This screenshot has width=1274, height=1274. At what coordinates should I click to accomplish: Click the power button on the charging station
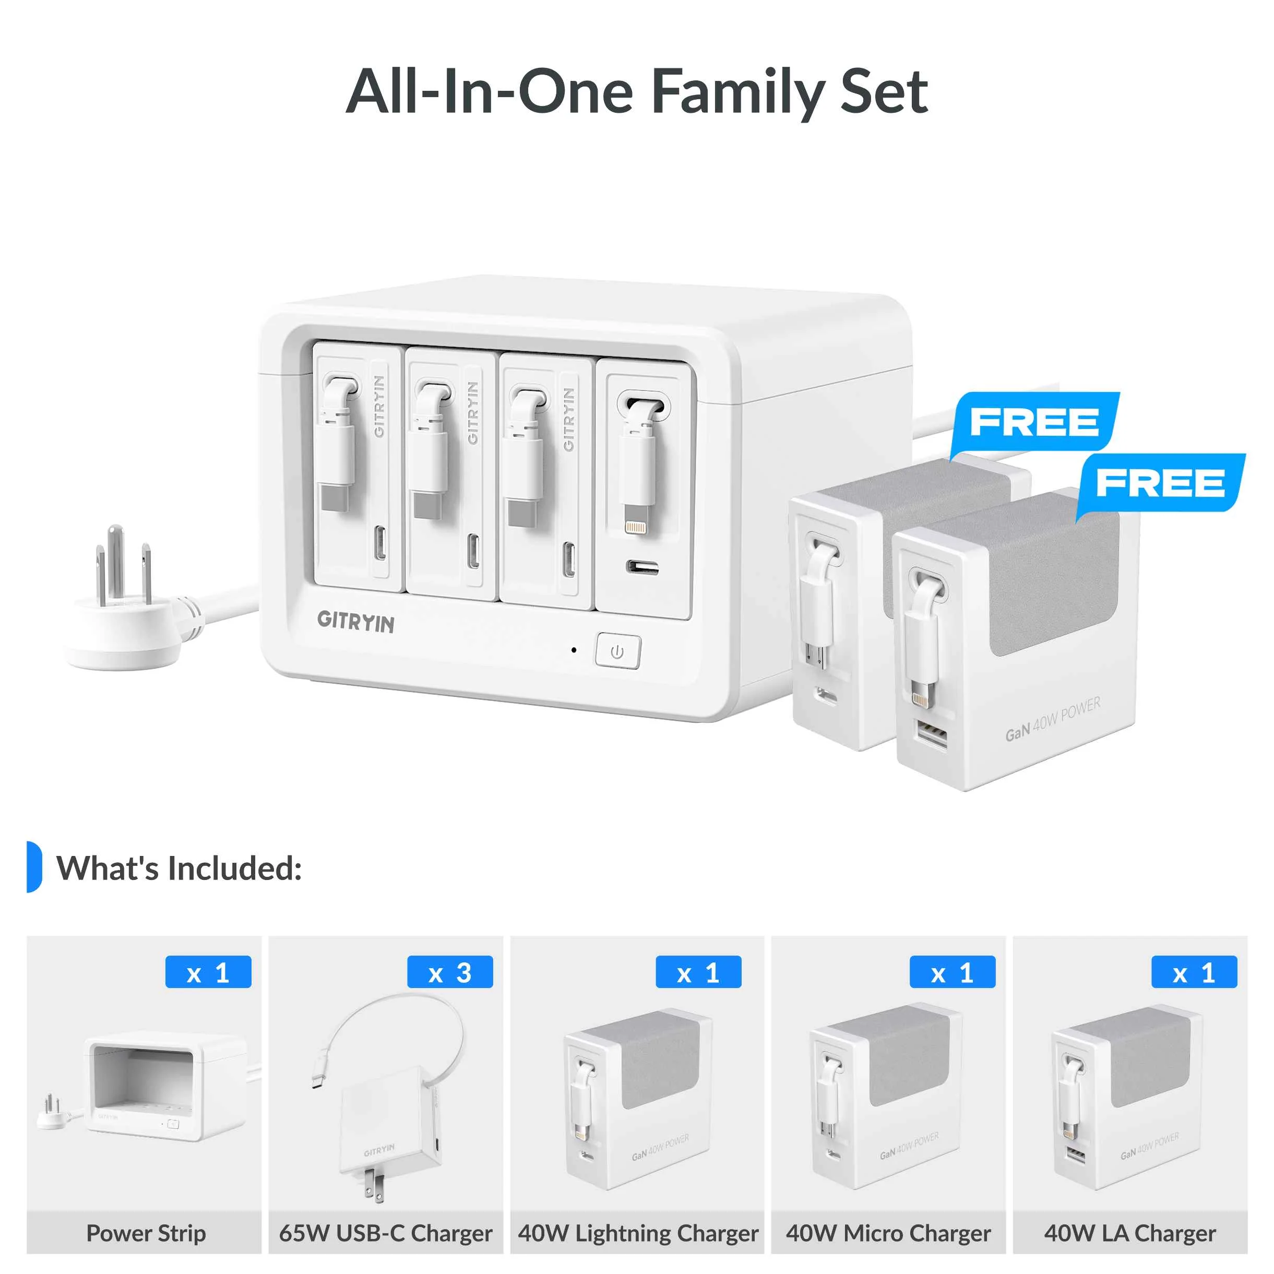click(617, 651)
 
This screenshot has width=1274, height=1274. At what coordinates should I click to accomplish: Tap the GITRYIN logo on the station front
click(355, 622)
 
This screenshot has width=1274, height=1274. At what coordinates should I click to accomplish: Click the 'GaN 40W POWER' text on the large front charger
click(1052, 719)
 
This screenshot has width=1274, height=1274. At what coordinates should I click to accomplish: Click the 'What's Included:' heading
click(180, 868)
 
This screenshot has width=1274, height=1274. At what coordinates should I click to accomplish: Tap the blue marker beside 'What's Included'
click(33, 866)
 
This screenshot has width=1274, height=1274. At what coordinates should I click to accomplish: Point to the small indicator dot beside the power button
click(574, 650)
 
